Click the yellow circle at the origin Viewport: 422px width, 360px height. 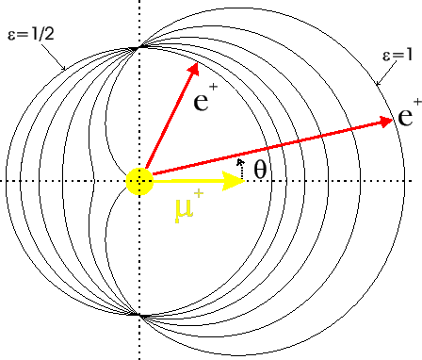(x=139, y=180)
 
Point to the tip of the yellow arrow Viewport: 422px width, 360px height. (x=245, y=180)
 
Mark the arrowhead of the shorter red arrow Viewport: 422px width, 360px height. (x=197, y=67)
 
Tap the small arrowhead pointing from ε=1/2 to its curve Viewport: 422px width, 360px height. (x=63, y=69)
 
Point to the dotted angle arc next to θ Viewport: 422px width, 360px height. (x=241, y=167)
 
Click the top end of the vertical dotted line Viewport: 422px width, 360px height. (x=139, y=3)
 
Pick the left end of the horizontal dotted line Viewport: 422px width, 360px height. (x=3, y=180)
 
